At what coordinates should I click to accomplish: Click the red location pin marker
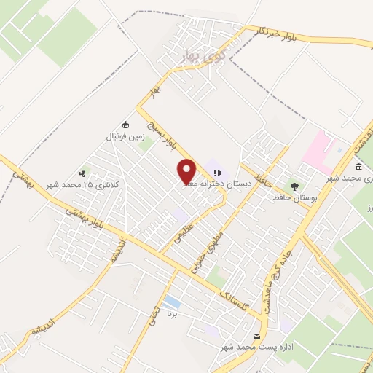click(187, 172)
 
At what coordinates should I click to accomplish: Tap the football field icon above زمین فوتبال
click(126, 124)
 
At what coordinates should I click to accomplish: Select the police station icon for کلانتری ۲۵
click(82, 173)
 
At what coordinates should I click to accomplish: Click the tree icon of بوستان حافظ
click(294, 186)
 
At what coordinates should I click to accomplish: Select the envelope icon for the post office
click(256, 337)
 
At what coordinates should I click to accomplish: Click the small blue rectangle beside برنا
click(172, 301)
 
